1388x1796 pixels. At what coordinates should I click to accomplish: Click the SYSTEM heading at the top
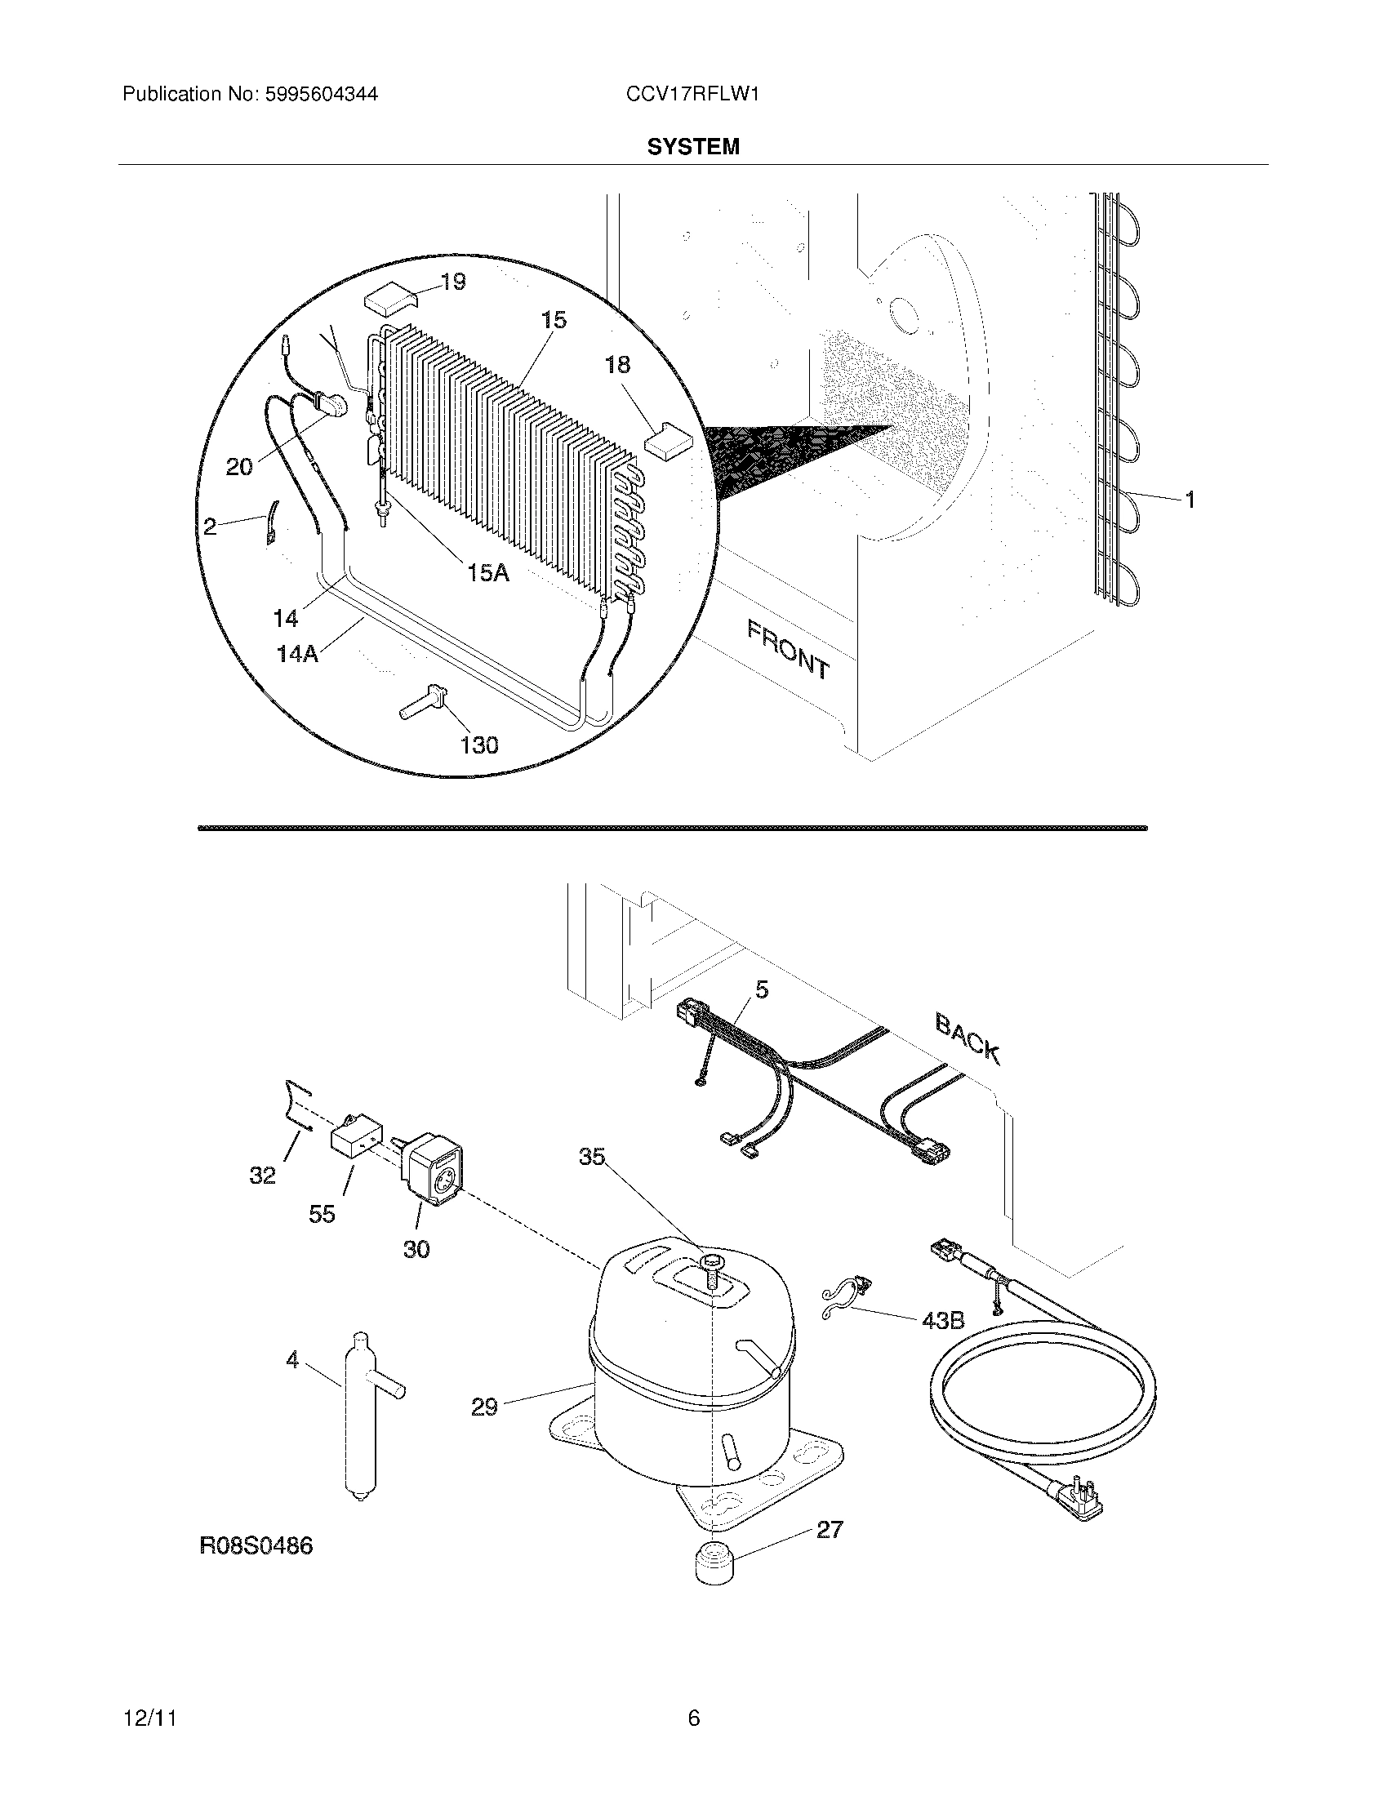tap(692, 146)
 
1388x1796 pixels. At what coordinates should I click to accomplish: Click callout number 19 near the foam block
tap(453, 282)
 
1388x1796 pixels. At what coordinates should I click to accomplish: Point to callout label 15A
tap(488, 572)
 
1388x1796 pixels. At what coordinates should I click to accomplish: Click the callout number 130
tap(479, 745)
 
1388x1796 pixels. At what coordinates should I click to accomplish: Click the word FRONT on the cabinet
tap(788, 649)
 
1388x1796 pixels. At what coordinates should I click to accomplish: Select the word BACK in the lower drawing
tap(967, 1038)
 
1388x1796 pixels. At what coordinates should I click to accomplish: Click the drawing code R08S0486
tap(256, 1546)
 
